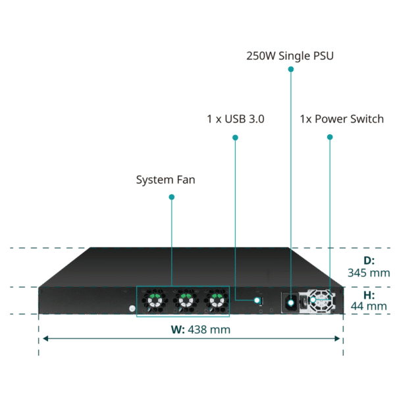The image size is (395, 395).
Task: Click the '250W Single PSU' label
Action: (x=290, y=56)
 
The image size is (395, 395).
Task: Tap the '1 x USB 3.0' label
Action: (x=236, y=119)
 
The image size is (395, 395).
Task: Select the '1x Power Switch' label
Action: (x=342, y=119)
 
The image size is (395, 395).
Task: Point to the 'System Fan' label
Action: (x=165, y=180)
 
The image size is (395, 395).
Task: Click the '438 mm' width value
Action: (x=209, y=330)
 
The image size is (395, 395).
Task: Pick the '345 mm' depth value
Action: (x=369, y=273)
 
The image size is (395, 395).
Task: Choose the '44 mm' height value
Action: (x=369, y=306)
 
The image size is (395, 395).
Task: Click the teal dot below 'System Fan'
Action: (x=172, y=197)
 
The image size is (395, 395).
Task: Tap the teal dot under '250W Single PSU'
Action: (x=291, y=69)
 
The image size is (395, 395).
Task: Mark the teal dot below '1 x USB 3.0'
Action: (x=235, y=138)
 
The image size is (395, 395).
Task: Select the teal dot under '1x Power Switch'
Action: (x=330, y=137)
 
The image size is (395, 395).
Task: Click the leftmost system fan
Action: (x=155, y=301)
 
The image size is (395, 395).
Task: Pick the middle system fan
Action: (x=186, y=301)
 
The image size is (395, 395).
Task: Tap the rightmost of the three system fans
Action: (x=217, y=301)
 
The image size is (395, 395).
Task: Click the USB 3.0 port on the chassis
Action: (x=261, y=302)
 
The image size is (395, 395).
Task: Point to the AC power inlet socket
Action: (x=290, y=303)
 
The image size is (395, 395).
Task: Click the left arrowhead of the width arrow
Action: (x=45, y=338)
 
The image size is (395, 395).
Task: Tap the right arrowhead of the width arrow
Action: (x=337, y=338)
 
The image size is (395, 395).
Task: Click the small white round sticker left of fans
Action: (x=132, y=308)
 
